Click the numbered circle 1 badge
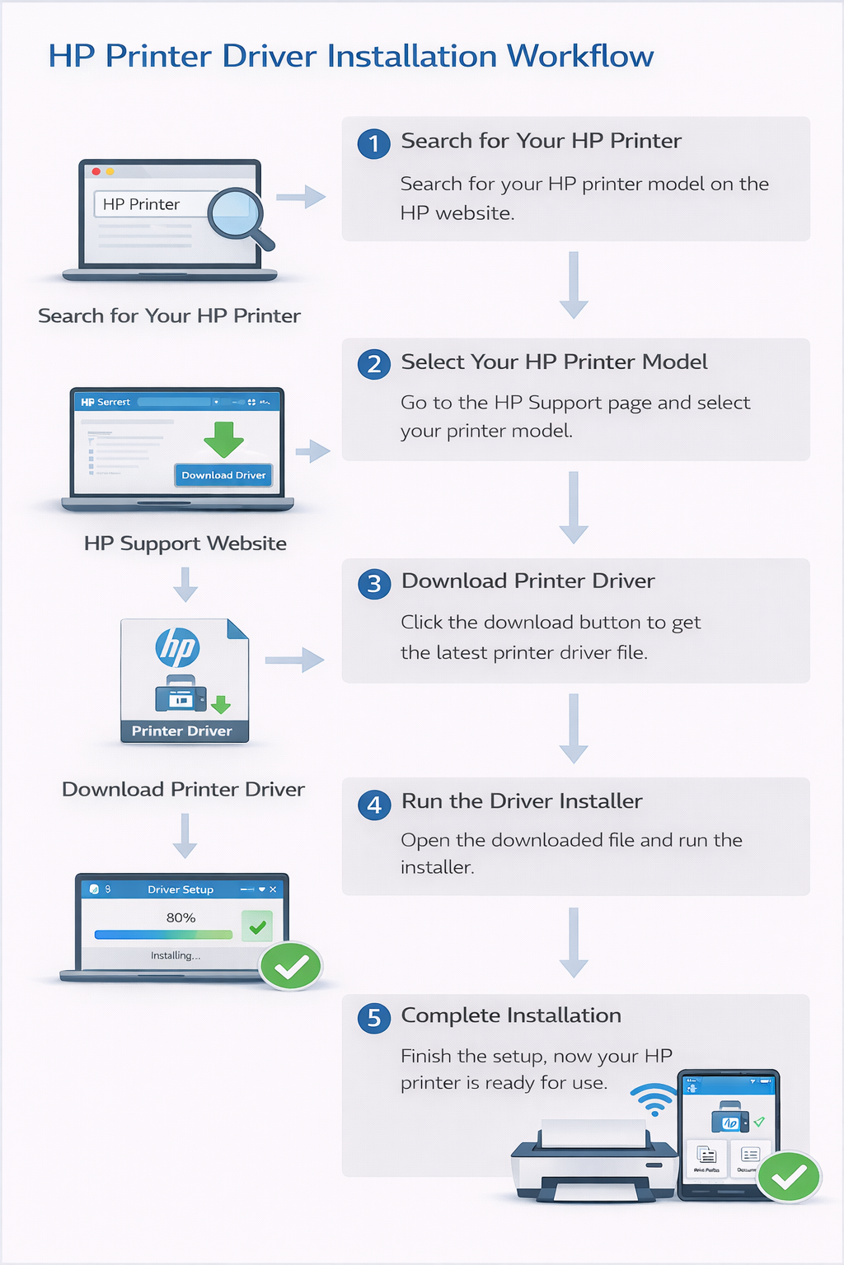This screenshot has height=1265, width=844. (373, 143)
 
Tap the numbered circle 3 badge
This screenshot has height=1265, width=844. (373, 584)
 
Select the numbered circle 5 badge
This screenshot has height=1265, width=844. (373, 1018)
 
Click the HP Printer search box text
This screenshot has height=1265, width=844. (141, 204)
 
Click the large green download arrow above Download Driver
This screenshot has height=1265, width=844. (223, 439)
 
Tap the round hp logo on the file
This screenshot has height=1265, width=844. (177, 647)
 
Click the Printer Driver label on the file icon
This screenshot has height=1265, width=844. (182, 731)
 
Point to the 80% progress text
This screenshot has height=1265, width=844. (181, 917)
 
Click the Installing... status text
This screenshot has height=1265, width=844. (175, 955)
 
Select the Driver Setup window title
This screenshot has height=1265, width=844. (181, 889)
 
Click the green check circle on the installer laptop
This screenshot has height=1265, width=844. (290, 966)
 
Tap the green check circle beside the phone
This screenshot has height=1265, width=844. (789, 1177)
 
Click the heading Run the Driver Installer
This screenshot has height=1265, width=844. (522, 801)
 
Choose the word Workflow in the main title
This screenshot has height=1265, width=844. (579, 56)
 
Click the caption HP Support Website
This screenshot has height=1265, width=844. (185, 544)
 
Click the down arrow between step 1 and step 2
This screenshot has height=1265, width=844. (574, 285)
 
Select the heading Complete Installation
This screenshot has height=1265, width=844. (511, 1015)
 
